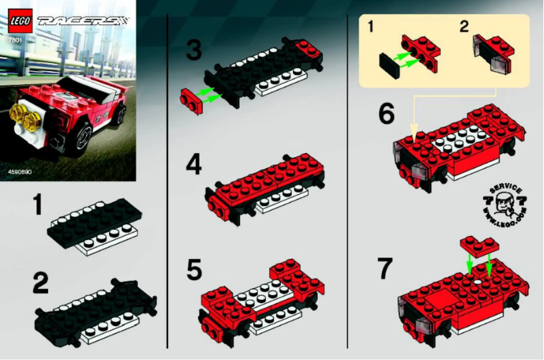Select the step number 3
(194, 51)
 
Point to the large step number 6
(387, 114)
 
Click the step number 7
(385, 268)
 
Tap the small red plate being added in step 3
(192, 100)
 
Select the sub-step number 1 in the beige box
(370, 27)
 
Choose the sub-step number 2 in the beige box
(464, 27)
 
